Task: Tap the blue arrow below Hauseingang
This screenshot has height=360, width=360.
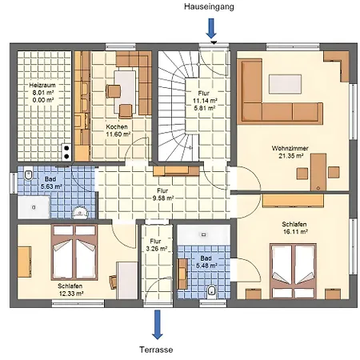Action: (211, 28)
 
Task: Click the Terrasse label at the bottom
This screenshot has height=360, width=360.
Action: (155, 350)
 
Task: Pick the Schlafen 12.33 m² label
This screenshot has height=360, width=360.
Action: (70, 289)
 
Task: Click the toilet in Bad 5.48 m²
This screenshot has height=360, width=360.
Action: (210, 289)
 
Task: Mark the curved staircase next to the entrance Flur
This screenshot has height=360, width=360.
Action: (175, 104)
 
